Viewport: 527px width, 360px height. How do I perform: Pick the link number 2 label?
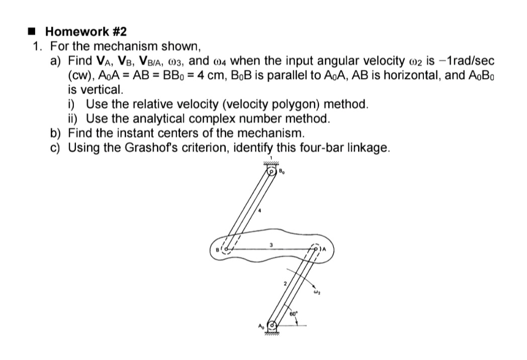click(284, 285)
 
